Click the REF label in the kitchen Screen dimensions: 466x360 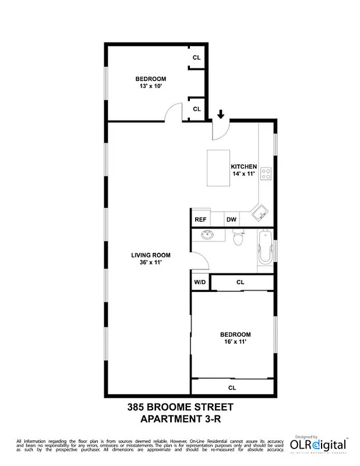pos(200,220)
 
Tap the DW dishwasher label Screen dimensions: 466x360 pos(231,220)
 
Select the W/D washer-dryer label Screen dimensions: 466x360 pos(200,283)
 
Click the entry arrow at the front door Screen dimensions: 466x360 pos(221,114)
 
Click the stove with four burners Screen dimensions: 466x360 pos(266,173)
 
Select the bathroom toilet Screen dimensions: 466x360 pos(237,238)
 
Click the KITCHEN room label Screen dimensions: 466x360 pos(243,167)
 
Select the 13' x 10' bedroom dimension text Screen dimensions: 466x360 pos(151,86)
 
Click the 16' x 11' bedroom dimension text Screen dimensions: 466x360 pos(235,342)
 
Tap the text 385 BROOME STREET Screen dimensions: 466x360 pos(179,408)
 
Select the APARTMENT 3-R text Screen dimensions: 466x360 pos(179,419)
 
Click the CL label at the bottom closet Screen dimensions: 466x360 pos(232,387)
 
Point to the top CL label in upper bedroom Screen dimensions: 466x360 pos(197,58)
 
